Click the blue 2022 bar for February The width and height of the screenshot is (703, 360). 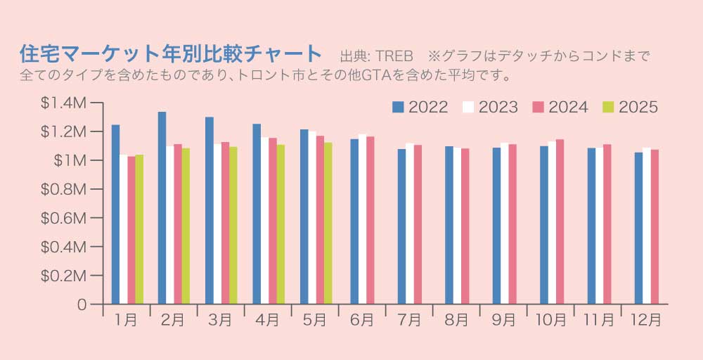[162, 208]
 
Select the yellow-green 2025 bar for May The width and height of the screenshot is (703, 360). [328, 224]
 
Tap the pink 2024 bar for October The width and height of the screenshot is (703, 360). [560, 221]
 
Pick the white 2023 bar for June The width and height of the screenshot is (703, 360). [362, 219]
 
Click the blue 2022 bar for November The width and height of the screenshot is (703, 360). [591, 226]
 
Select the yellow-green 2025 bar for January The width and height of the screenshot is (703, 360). [139, 229]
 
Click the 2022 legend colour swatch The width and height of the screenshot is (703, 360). [398, 108]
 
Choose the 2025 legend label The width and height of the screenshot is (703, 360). [638, 108]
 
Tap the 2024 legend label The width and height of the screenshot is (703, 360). [568, 108]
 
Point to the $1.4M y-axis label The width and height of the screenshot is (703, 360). [64, 103]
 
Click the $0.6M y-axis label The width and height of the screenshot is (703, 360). [64, 219]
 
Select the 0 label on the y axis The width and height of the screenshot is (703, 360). [82, 305]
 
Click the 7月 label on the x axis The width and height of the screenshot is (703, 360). [409, 320]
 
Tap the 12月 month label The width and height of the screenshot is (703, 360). [644, 320]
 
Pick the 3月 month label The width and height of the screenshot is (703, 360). [220, 320]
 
